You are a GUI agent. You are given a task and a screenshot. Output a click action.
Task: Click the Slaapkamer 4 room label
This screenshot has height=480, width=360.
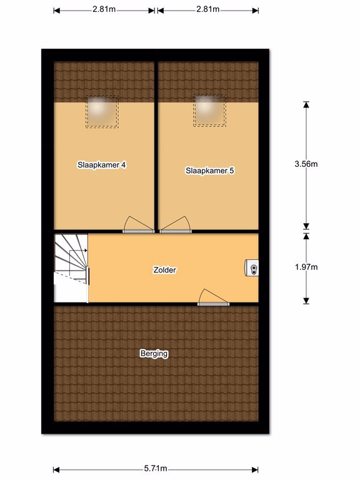click(101, 165)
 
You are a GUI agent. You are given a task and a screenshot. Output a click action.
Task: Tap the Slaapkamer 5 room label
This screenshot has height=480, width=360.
click(210, 171)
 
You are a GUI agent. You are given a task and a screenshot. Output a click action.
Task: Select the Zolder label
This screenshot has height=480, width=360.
click(165, 270)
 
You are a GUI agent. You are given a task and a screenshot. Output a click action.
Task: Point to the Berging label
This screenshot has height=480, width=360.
click(154, 354)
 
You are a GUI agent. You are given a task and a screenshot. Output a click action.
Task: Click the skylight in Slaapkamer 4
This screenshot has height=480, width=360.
click(102, 112)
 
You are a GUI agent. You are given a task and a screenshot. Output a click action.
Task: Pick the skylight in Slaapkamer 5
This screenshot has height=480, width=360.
click(210, 110)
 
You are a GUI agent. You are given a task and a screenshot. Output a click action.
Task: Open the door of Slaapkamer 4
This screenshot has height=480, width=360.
click(138, 225)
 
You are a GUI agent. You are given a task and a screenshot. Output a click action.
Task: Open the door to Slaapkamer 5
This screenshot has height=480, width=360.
click(176, 225)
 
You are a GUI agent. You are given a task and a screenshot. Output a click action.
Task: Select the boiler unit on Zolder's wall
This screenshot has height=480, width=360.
click(251, 268)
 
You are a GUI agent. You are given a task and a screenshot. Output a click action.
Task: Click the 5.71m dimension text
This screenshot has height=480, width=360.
click(156, 468)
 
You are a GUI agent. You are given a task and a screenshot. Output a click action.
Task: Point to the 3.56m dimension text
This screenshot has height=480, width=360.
click(306, 164)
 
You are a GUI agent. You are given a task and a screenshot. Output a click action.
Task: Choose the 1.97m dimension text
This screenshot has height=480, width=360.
click(306, 267)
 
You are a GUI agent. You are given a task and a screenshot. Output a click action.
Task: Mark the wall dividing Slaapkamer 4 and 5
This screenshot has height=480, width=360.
click(156, 146)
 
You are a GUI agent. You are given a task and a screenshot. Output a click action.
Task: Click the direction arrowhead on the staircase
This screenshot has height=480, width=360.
click(86, 251)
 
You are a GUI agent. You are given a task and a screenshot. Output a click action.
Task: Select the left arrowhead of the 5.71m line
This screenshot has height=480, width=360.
click(56, 469)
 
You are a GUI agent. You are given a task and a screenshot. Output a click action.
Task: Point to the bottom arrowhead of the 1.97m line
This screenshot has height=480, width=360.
click(306, 301)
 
